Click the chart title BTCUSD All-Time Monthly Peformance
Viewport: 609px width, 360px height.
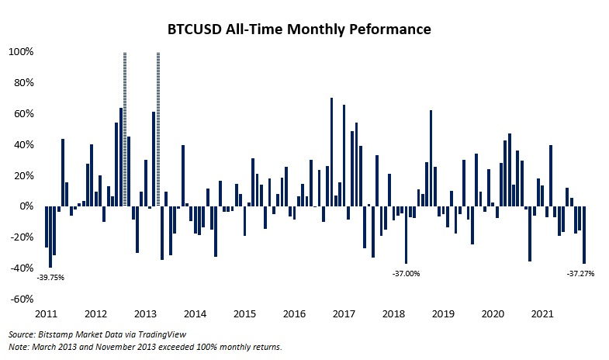point(299,30)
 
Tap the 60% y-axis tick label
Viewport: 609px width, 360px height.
point(22,114)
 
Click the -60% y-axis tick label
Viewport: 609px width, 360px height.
point(20,299)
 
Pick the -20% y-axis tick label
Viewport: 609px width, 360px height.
point(20,237)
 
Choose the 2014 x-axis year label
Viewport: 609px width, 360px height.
point(196,314)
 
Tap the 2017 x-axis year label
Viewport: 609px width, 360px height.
point(344,314)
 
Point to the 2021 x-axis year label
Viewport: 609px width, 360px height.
point(542,314)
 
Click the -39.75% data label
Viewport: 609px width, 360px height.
point(52,278)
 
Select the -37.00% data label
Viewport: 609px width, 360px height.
point(406,273)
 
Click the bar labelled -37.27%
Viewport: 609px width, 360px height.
point(584,235)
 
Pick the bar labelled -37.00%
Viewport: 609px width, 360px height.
point(406,235)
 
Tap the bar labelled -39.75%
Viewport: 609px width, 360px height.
point(50,237)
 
